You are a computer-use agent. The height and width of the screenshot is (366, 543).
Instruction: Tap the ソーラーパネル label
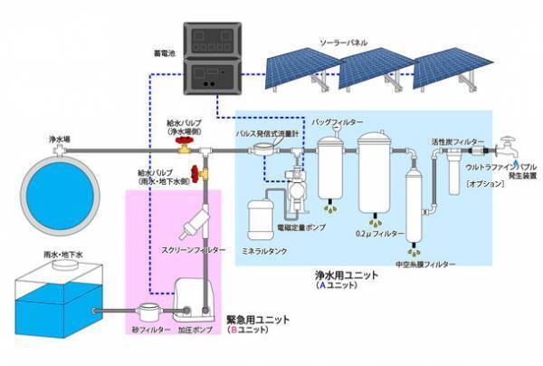[x=345, y=42]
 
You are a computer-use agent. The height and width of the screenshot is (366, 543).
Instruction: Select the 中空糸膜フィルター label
[x=425, y=264]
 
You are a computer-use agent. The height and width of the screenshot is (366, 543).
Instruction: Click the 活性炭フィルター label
[x=452, y=141]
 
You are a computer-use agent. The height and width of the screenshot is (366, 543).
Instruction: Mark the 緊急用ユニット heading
[x=254, y=321]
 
